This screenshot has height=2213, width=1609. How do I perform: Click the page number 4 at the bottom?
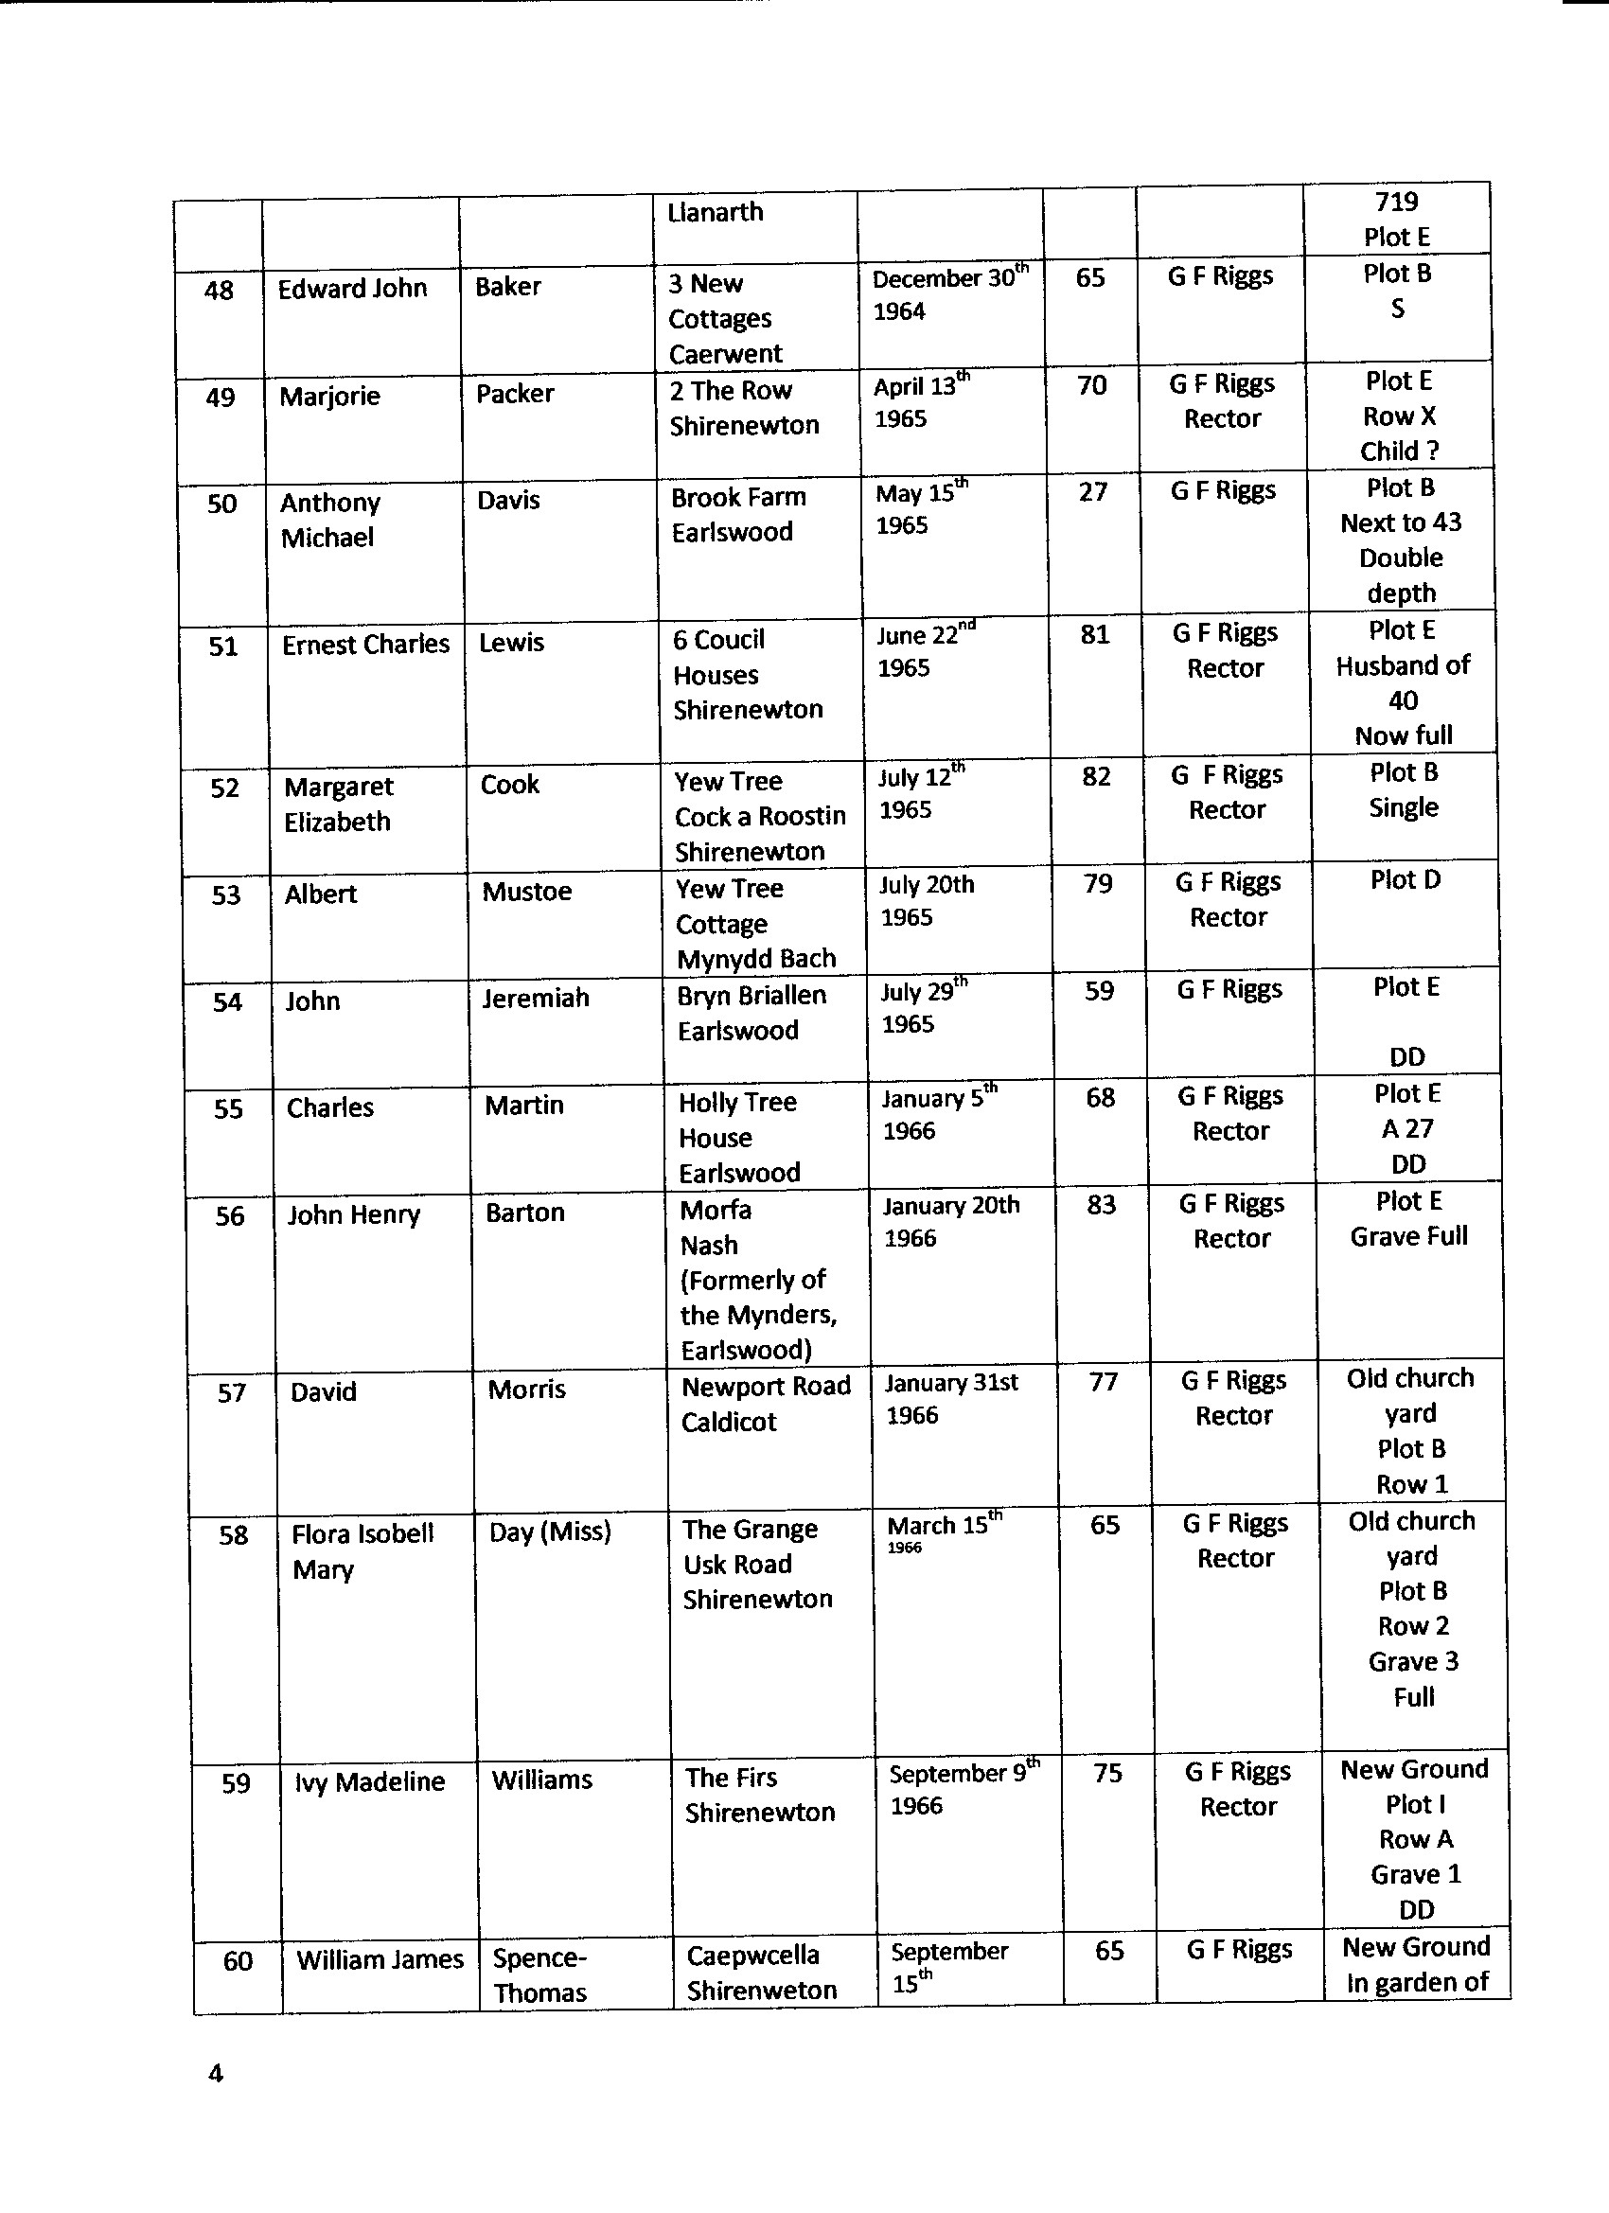pyautogui.click(x=216, y=2073)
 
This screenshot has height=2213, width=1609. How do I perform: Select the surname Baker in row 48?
pyautogui.click(x=507, y=287)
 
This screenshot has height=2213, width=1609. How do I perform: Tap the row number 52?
pyautogui.click(x=224, y=788)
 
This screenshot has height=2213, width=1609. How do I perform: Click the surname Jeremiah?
pyautogui.click(x=535, y=999)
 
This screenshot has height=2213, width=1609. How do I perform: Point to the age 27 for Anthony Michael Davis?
pyautogui.click(x=1093, y=492)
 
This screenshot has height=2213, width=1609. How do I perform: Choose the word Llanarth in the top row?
pyautogui.click(x=716, y=212)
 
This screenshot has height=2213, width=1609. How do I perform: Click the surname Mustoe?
pyautogui.click(x=526, y=892)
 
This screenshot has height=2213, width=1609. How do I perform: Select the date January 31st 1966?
pyautogui.click(x=950, y=1398)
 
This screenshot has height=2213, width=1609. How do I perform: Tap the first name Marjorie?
pyautogui.click(x=328, y=397)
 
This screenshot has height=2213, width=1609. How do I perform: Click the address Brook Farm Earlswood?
pyautogui.click(x=737, y=514)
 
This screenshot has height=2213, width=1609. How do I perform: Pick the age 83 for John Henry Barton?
pyautogui.click(x=1102, y=1205)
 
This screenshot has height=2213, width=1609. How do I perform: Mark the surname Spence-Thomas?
pyautogui.click(x=539, y=1974)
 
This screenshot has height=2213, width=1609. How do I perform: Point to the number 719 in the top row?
pyautogui.click(x=1396, y=202)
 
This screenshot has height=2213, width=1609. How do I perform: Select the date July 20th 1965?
pyautogui.click(x=926, y=900)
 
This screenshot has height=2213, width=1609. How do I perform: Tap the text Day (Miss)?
pyautogui.click(x=549, y=1531)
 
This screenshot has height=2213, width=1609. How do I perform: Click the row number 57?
pyautogui.click(x=231, y=1393)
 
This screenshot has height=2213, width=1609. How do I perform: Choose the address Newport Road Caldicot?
pyautogui.click(x=765, y=1403)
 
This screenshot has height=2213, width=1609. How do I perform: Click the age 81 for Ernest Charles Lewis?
pyautogui.click(x=1095, y=635)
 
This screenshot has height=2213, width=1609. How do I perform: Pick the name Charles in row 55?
pyautogui.click(x=329, y=1107)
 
